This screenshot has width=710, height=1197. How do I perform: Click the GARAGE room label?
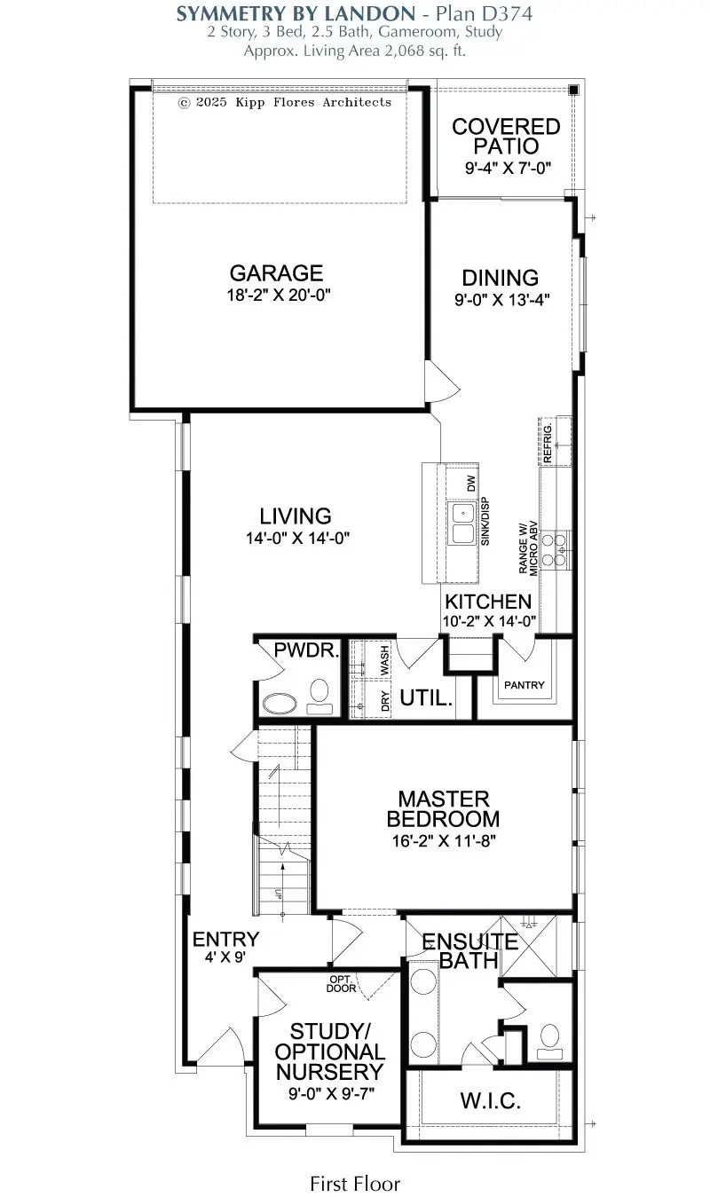[276, 273]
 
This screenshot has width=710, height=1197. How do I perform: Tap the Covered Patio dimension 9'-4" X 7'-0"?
[506, 167]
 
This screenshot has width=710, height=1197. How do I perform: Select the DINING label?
[501, 278]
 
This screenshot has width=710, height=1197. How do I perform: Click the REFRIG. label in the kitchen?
[548, 441]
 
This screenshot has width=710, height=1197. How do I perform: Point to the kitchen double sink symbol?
[463, 524]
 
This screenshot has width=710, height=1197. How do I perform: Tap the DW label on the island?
[471, 484]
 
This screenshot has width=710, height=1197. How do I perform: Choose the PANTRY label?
[525, 685]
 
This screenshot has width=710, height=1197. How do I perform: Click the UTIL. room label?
[426, 698]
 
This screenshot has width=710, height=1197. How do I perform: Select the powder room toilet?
[319, 697]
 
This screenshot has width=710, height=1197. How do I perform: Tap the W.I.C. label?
[490, 1101]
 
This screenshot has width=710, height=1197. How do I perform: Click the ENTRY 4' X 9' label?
[225, 948]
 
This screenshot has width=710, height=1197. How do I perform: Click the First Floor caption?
[355, 1183]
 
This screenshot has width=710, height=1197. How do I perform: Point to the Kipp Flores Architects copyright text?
[284, 102]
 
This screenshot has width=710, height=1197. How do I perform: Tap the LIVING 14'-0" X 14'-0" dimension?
[295, 537]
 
